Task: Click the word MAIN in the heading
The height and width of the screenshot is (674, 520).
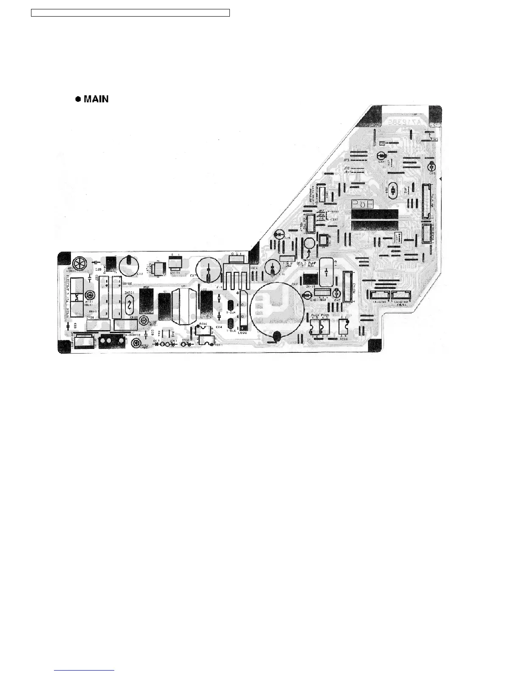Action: tap(96, 99)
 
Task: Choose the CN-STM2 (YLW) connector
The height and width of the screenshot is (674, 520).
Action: tap(400, 295)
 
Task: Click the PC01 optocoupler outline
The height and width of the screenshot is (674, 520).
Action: tap(206, 340)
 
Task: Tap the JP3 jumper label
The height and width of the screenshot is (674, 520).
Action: tap(346, 160)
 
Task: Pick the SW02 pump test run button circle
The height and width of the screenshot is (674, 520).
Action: tap(309, 244)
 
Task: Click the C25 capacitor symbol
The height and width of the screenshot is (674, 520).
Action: tap(432, 166)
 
